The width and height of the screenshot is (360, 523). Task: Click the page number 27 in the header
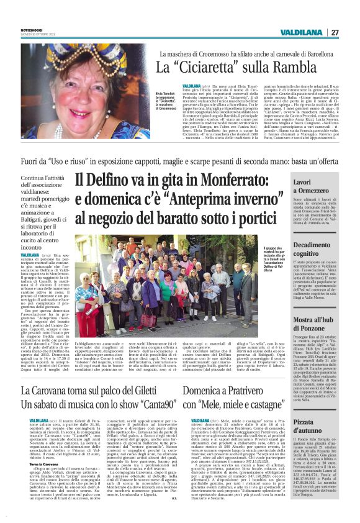[335, 32]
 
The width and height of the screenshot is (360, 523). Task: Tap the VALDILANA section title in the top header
[301, 32]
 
